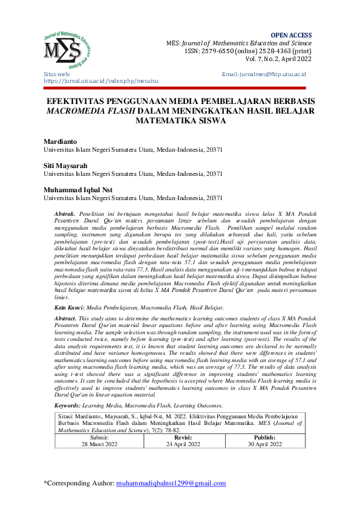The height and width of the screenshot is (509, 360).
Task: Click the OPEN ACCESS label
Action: point(292,36)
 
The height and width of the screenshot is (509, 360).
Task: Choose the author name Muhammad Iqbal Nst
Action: point(77,190)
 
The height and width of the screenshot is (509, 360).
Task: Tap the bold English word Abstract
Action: point(65,317)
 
